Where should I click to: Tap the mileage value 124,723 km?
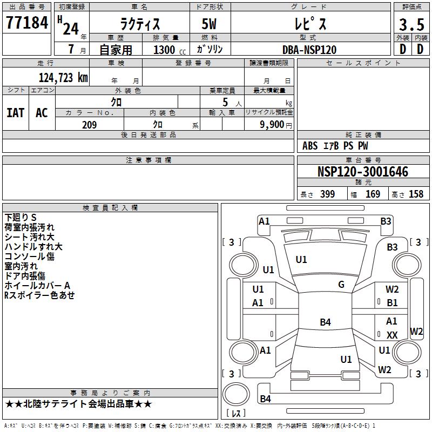click(63, 78)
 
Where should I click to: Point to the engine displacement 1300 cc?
click(169, 50)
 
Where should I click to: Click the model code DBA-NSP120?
click(309, 50)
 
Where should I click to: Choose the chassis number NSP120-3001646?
click(362, 172)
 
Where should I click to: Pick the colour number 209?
click(89, 125)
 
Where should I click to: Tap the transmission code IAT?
click(16, 112)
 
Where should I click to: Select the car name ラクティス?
click(139, 24)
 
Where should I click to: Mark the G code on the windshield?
click(341, 285)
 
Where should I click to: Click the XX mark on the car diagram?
click(393, 335)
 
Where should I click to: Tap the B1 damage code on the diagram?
click(393, 303)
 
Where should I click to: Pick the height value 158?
click(416, 194)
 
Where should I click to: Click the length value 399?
click(327, 194)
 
